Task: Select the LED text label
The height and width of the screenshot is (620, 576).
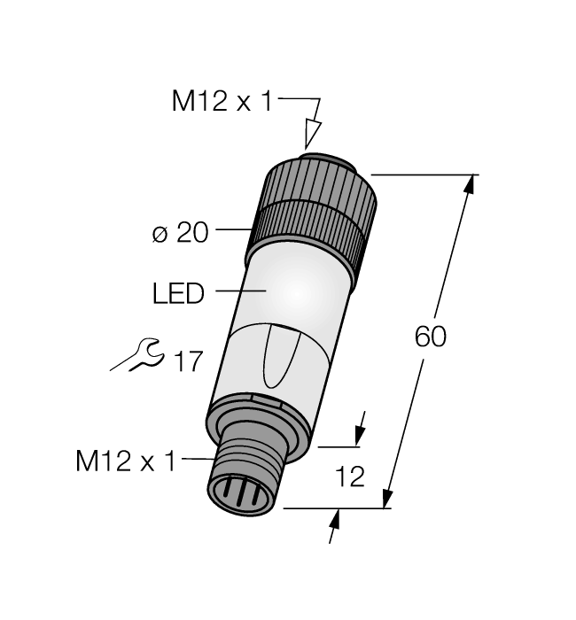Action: (x=178, y=292)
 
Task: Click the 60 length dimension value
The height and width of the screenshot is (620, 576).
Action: (x=431, y=337)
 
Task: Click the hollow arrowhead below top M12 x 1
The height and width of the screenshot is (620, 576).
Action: (x=310, y=135)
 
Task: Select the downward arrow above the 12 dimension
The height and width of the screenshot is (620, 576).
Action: (x=360, y=435)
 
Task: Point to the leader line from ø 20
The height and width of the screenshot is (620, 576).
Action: (x=231, y=232)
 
